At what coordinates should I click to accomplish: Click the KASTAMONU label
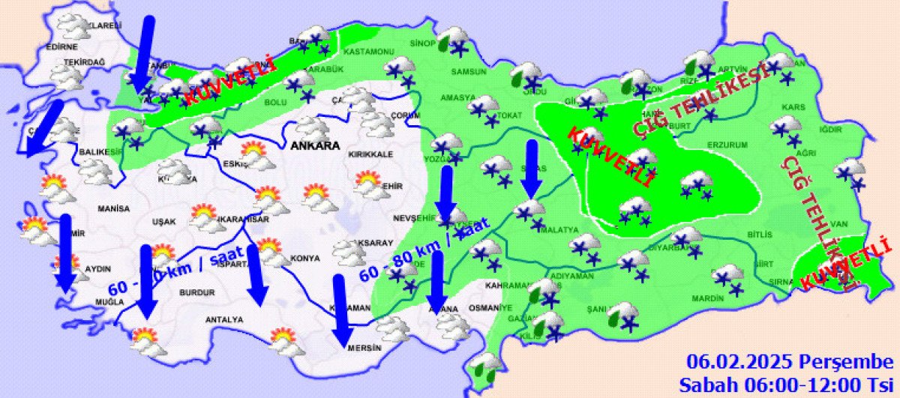tap(368, 52)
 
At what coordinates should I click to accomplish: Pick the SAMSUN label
tap(469, 72)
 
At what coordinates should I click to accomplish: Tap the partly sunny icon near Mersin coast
tap(287, 342)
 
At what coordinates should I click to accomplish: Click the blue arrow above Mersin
tap(343, 311)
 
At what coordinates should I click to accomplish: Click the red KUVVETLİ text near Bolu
tap(230, 83)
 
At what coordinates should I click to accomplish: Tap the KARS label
tap(793, 108)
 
